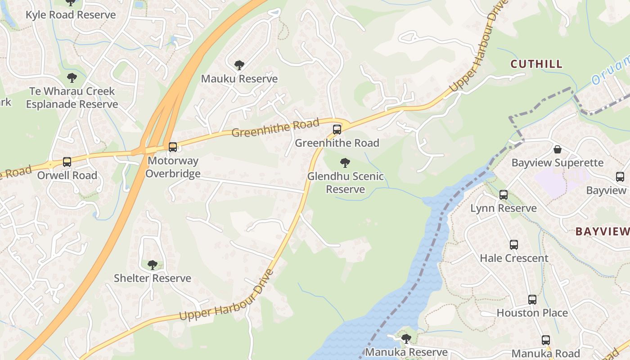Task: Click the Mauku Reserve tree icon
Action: (x=239, y=65)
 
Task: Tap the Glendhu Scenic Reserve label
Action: (x=345, y=183)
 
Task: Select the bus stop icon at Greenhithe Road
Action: (x=337, y=130)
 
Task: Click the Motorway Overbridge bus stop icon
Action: (x=173, y=147)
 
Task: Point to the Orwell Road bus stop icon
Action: (x=67, y=162)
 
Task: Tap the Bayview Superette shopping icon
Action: (x=558, y=149)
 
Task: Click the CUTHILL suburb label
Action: (x=536, y=64)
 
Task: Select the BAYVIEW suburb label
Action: (x=602, y=232)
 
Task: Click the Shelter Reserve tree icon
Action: (x=153, y=265)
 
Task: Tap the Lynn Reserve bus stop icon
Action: (x=504, y=195)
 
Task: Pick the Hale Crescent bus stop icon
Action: (x=514, y=245)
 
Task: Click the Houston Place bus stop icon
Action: (x=532, y=300)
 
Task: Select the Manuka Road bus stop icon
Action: (x=546, y=340)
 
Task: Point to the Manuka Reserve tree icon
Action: (x=406, y=338)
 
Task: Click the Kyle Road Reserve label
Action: (x=71, y=15)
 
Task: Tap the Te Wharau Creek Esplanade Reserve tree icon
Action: (x=72, y=78)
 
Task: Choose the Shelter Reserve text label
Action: (x=153, y=279)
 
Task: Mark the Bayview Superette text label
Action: (x=557, y=163)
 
